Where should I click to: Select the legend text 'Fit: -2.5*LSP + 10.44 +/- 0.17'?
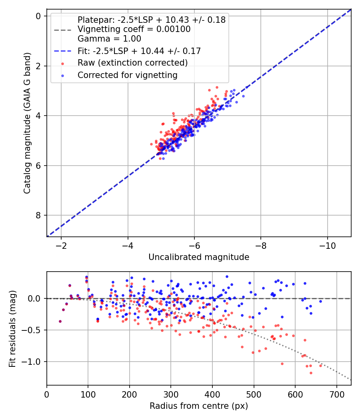click(139, 51)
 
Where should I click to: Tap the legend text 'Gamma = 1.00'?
click(109, 39)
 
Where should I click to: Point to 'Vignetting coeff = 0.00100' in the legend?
click(134, 29)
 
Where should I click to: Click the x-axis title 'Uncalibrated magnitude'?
click(199, 257)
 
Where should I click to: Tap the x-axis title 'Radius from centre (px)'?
click(199, 406)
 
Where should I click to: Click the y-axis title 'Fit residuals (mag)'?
click(12, 329)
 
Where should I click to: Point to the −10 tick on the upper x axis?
click(327, 245)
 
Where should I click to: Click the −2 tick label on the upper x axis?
click(61, 245)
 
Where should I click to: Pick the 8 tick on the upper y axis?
click(38, 216)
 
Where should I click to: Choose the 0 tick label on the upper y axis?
click(38, 16)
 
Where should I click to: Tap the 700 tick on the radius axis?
click(336, 394)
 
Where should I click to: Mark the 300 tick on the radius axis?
click(171, 394)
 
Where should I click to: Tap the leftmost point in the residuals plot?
click(60, 321)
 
